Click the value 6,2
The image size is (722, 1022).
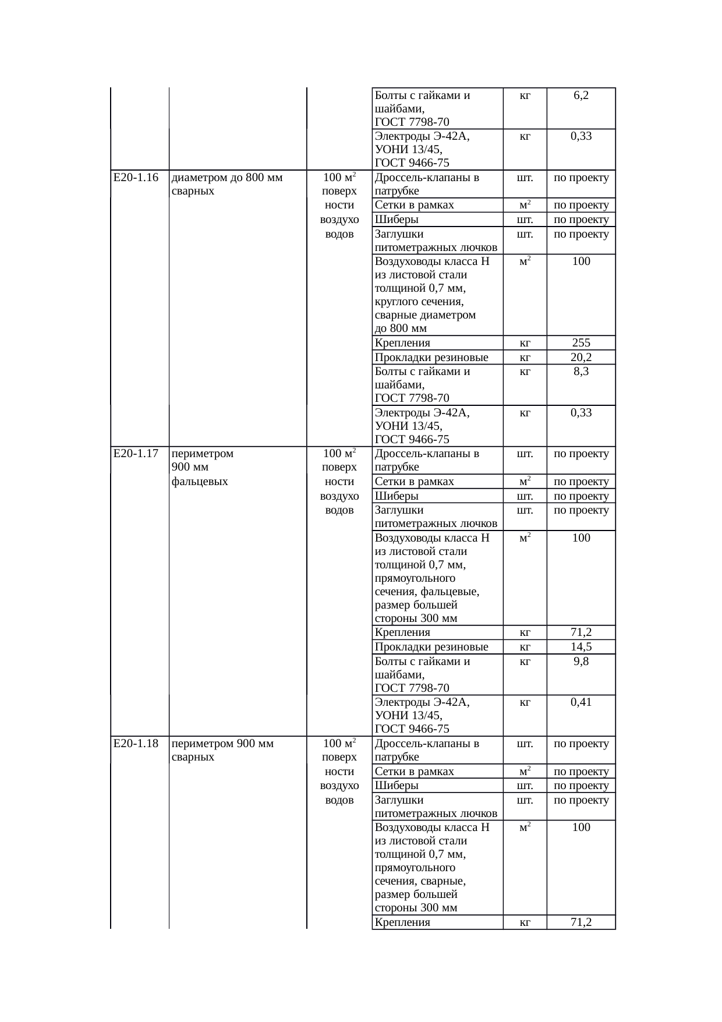(x=581, y=95)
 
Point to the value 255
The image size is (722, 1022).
(x=581, y=343)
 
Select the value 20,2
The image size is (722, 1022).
(x=581, y=358)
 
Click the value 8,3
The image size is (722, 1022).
(x=581, y=372)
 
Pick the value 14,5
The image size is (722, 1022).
(x=581, y=647)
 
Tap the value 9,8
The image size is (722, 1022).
(x=581, y=662)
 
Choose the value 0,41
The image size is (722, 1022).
(x=581, y=702)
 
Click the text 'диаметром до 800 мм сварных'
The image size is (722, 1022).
(x=228, y=184)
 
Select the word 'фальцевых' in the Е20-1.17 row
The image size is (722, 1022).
(x=200, y=482)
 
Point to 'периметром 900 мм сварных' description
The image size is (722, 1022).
(x=223, y=750)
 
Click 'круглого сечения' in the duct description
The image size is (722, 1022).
(x=419, y=302)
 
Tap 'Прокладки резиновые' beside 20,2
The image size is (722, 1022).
(x=431, y=358)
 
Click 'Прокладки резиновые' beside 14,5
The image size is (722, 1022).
(x=431, y=647)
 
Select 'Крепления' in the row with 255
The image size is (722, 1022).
(x=402, y=343)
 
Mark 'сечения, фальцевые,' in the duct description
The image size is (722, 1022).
(x=427, y=592)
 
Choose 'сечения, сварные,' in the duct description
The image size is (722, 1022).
(x=420, y=881)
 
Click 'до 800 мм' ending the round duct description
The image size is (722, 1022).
(x=401, y=328)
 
